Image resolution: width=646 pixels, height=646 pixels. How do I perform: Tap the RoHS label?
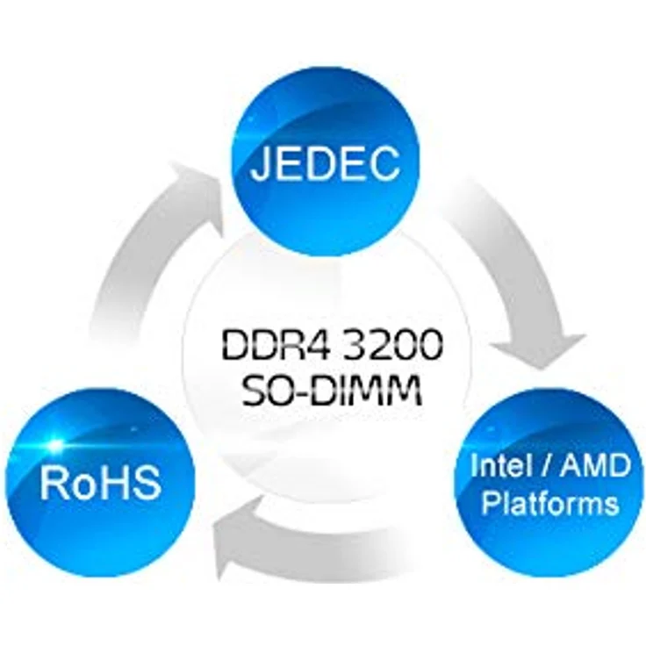101,484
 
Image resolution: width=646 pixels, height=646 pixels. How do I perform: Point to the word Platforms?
550,503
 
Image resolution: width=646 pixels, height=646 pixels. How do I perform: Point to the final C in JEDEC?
384,162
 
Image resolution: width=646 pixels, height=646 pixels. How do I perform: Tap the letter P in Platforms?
492,503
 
